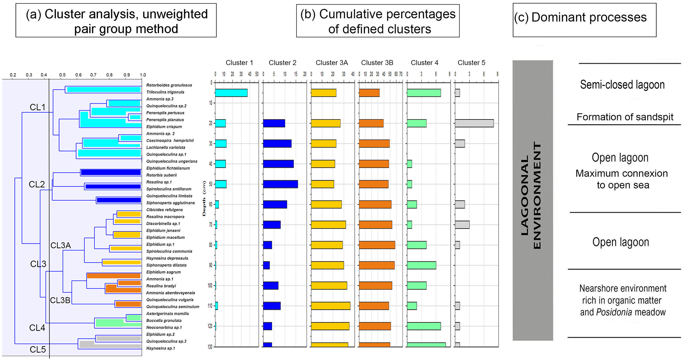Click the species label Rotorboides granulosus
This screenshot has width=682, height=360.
click(x=169, y=85)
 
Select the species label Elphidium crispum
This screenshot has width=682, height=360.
click(x=164, y=127)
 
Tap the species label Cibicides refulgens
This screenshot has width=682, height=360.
click(x=164, y=210)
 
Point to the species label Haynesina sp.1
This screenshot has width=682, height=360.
click(x=161, y=348)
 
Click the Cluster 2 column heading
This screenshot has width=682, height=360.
click(x=282, y=63)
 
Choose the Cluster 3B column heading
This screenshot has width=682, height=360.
click(x=377, y=63)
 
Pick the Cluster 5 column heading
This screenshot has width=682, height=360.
click(x=471, y=63)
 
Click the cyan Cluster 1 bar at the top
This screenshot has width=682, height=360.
click(x=231, y=93)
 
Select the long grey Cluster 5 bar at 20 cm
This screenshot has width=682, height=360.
click(x=474, y=123)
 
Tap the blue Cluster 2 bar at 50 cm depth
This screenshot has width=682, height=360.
click(x=280, y=184)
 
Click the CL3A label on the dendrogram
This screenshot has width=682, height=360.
click(x=61, y=245)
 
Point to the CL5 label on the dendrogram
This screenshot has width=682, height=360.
click(x=38, y=350)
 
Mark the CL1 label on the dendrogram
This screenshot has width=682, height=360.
click(x=38, y=107)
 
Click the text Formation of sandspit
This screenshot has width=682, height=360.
click(x=625, y=117)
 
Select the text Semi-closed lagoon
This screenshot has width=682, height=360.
click(x=622, y=85)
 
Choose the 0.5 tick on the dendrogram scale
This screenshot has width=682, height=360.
click(x=62, y=75)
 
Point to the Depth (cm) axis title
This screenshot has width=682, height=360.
click(x=204, y=199)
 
